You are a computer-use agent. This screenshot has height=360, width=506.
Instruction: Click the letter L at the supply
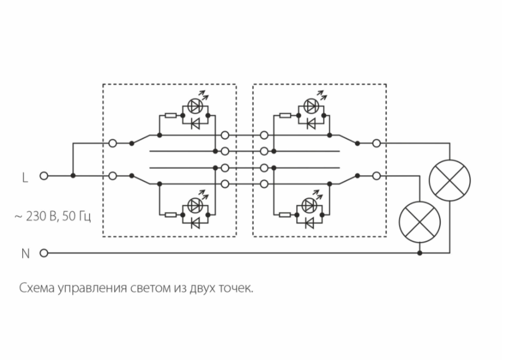coord(24,177)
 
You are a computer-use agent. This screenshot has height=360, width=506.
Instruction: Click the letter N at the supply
coord(25,254)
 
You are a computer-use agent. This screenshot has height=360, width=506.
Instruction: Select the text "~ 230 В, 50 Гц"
coord(52,217)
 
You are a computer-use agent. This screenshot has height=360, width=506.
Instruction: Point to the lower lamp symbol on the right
coord(420,221)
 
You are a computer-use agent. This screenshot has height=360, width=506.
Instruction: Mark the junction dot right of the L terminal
coord(73,176)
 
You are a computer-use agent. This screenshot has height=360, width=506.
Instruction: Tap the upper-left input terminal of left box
coord(113,143)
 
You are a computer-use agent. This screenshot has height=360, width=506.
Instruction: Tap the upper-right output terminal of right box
coord(376,143)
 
